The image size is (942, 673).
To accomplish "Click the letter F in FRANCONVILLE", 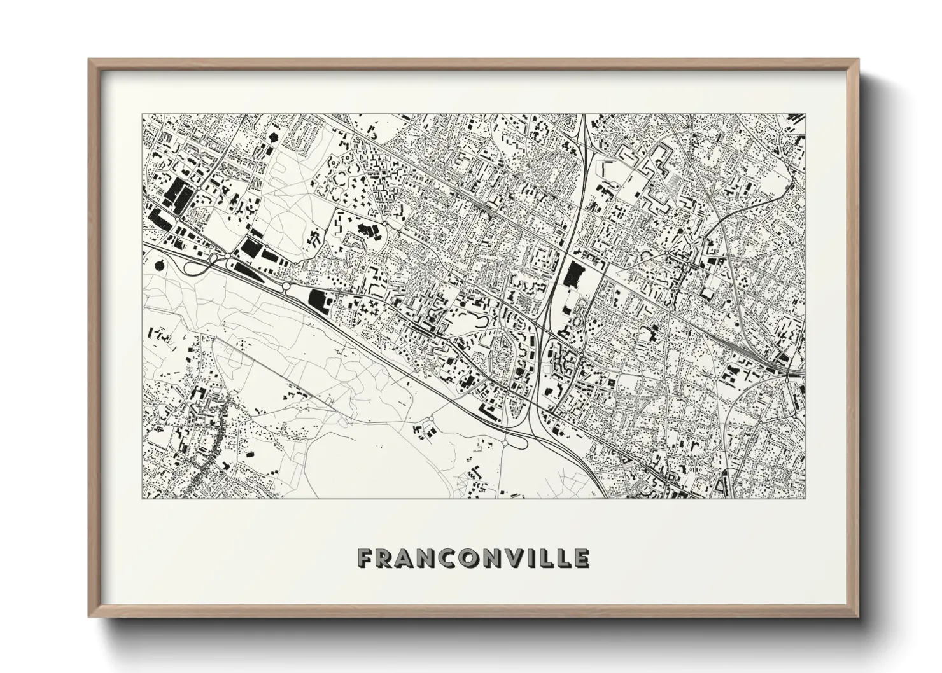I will pyautogui.click(x=365, y=558).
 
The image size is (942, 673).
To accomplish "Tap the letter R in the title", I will pyautogui.click(x=386, y=558).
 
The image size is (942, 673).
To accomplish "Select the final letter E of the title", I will pyautogui.click(x=581, y=558).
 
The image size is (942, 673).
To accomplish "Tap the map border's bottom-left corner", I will pyautogui.click(x=141, y=499).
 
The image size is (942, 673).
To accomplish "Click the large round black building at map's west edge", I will pyautogui.click(x=158, y=264).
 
